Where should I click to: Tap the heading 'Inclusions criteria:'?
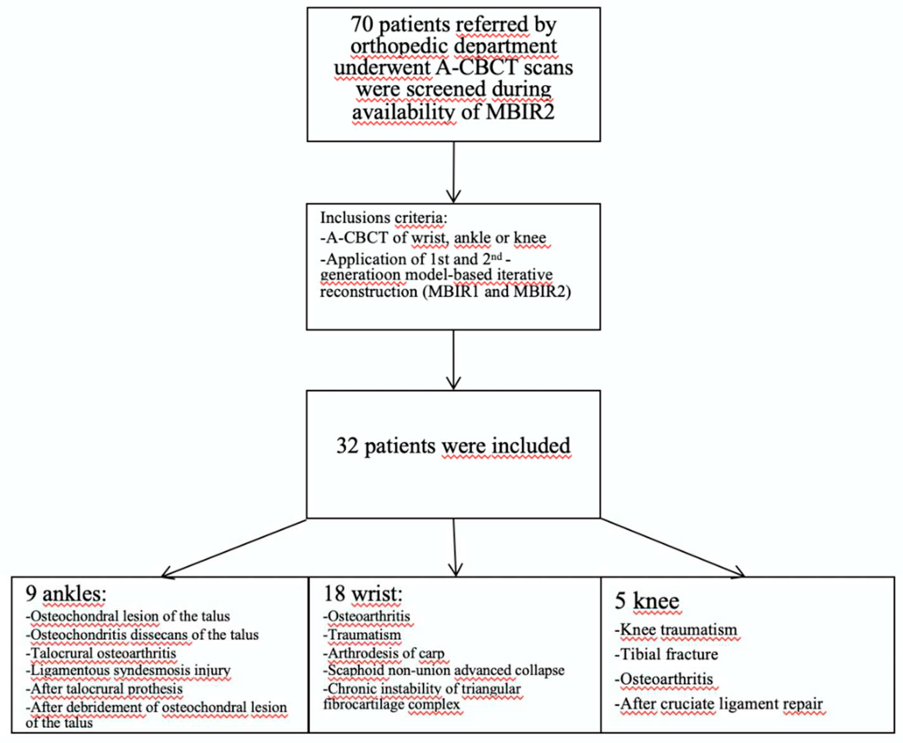tap(383, 218)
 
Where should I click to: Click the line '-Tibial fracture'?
tap(666, 654)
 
